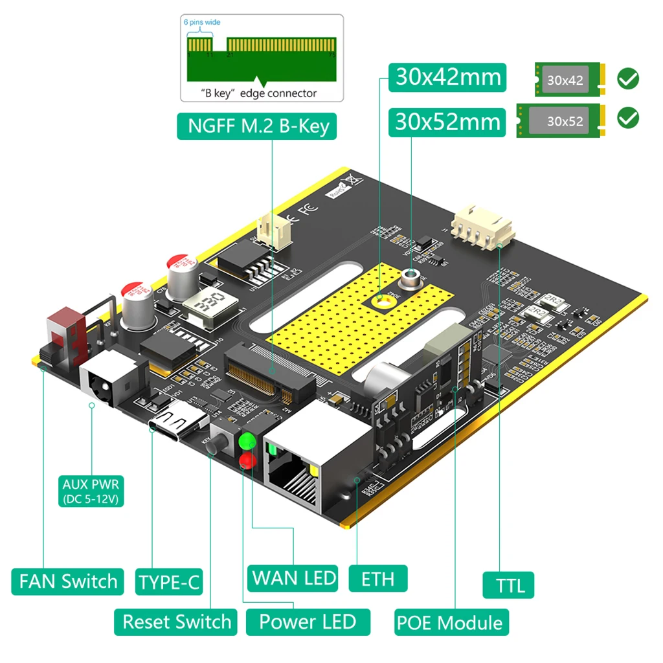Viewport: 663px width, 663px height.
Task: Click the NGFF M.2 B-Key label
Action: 258,126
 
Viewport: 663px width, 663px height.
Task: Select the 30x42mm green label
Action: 447,77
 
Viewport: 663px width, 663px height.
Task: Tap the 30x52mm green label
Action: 447,122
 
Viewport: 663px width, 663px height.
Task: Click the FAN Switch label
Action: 68,581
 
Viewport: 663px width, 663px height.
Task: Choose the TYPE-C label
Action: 169,582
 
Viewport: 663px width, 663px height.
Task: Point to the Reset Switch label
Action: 176,622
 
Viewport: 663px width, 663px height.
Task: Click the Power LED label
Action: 308,622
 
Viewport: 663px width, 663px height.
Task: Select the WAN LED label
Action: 294,578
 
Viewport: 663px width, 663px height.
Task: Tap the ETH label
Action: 378,578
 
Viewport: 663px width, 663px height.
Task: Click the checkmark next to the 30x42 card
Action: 627,79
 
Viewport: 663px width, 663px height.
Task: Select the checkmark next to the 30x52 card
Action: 627,118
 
